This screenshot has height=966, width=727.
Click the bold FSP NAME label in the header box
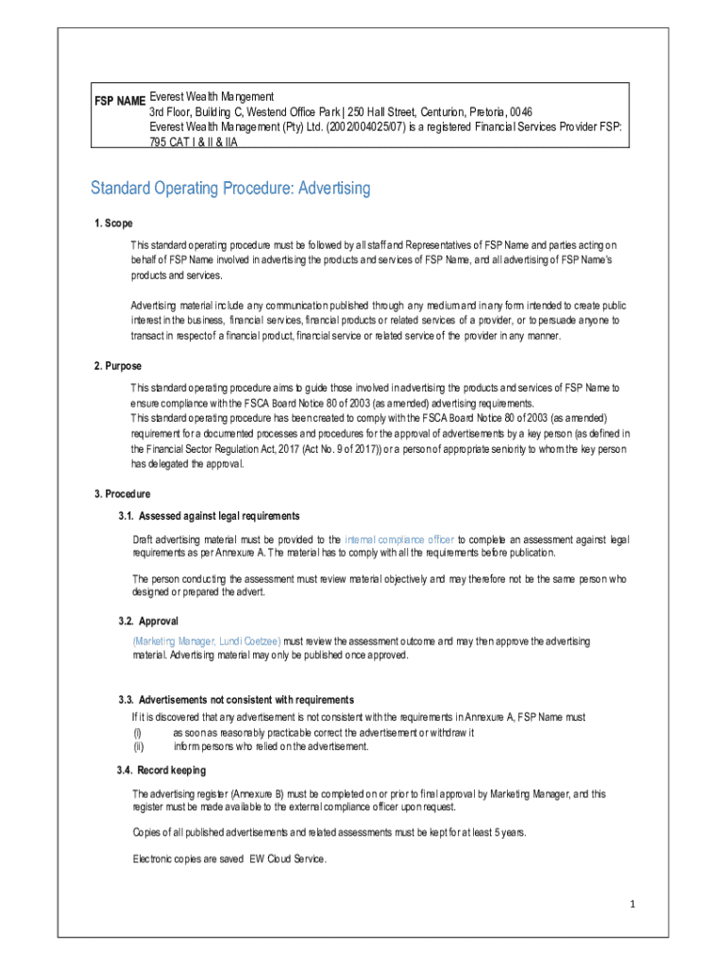tap(118, 101)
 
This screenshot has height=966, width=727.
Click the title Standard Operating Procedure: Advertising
tap(230, 189)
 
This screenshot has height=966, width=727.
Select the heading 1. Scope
tap(113, 224)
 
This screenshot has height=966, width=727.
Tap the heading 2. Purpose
tap(118, 366)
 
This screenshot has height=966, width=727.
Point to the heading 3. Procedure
tap(122, 494)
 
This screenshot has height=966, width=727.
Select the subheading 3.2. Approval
tap(148, 622)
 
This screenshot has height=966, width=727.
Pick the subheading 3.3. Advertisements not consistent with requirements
tap(236, 700)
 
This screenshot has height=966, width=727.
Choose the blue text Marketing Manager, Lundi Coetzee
tap(207, 641)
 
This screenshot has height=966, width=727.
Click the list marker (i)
tap(137, 733)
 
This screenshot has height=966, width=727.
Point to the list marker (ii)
tap(138, 747)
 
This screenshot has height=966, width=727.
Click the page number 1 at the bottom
tap(634, 905)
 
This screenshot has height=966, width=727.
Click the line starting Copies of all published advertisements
tap(329, 832)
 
